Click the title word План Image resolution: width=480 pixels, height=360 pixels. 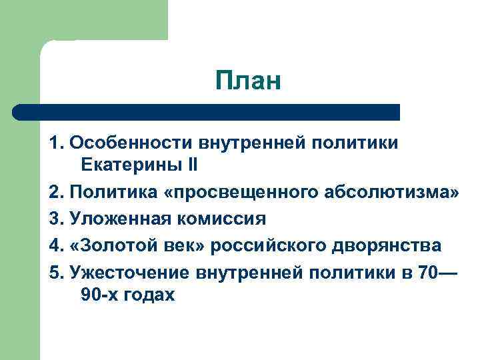pyautogui.click(x=249, y=82)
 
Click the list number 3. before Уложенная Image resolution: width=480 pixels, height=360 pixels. pyautogui.click(x=56, y=219)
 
